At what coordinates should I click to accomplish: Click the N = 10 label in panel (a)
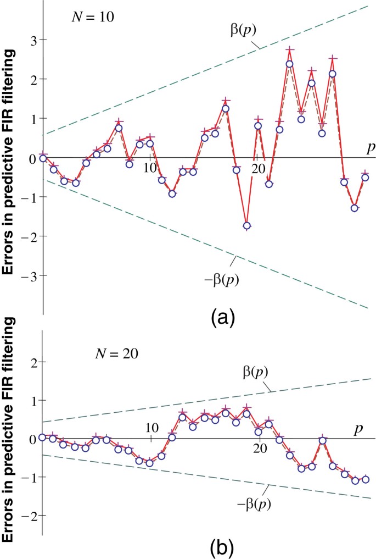(93, 16)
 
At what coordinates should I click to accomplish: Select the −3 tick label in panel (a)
(21, 276)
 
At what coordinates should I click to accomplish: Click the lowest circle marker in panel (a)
(247, 226)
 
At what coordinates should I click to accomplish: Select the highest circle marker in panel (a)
(289, 64)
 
